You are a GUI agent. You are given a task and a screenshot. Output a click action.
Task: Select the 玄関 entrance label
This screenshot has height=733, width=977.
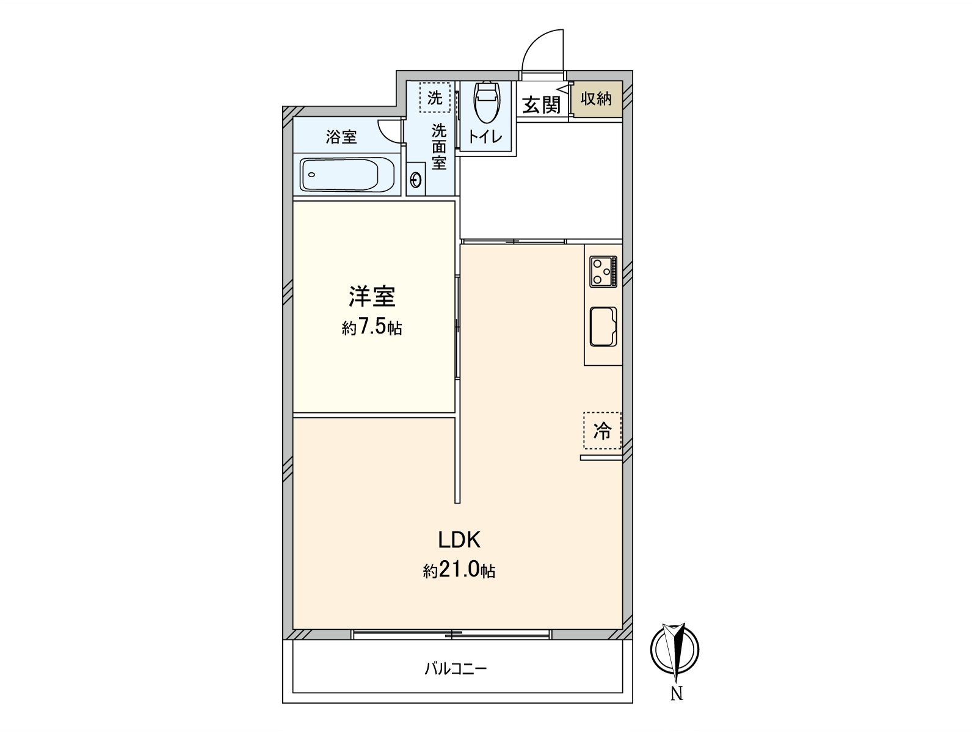[541, 105]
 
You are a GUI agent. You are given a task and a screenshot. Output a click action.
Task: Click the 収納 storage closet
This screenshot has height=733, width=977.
[596, 98]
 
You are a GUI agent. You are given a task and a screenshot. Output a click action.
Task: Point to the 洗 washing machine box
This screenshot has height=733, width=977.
[435, 98]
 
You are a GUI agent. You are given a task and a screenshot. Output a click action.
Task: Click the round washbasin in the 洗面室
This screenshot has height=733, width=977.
[416, 180]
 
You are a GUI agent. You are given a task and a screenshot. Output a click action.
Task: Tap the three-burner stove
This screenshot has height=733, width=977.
[603, 272]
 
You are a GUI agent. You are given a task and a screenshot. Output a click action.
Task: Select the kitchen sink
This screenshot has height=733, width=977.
[603, 327]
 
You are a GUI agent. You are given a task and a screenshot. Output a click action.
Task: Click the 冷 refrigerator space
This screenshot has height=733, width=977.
[602, 431]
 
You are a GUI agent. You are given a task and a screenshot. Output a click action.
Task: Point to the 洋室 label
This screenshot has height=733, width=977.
[372, 297]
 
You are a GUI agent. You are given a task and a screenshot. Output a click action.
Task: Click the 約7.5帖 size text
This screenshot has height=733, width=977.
[372, 328]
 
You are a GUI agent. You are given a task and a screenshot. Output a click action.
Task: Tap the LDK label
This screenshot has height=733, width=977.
[459, 539]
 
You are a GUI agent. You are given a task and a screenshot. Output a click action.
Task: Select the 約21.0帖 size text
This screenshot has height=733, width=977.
[459, 571]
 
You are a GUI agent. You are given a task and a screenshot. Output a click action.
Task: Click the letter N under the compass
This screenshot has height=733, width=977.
[677, 694]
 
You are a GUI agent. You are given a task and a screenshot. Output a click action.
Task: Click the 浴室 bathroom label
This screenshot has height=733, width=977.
[341, 137]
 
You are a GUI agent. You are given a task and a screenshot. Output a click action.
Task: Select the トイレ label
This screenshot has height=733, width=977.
[485, 137]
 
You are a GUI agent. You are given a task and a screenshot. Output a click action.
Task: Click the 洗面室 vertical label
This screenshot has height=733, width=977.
[439, 147]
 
